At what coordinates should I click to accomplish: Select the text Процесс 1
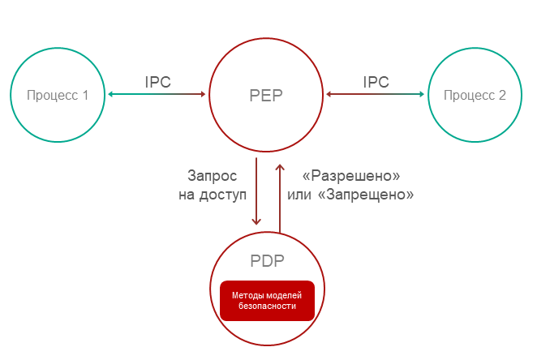pyautogui.click(x=58, y=95)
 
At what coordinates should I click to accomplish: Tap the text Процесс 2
pyautogui.click(x=475, y=95)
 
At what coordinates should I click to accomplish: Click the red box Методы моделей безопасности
pyautogui.click(x=267, y=300)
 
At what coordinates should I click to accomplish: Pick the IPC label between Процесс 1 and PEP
pyautogui.click(x=157, y=82)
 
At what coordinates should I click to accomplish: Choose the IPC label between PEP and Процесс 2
pyautogui.click(x=376, y=82)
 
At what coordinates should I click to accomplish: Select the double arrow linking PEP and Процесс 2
pyautogui.click(x=376, y=95)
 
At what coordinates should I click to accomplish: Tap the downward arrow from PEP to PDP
pyautogui.click(x=256, y=191)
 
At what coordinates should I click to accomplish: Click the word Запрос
pyautogui.click(x=213, y=175)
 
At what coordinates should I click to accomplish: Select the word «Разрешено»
pyautogui.click(x=351, y=175)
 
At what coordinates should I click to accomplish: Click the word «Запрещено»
pyautogui.click(x=372, y=195)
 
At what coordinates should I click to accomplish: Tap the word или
pyautogui.click(x=300, y=195)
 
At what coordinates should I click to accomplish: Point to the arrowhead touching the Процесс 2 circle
pyautogui.click(x=421, y=95)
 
